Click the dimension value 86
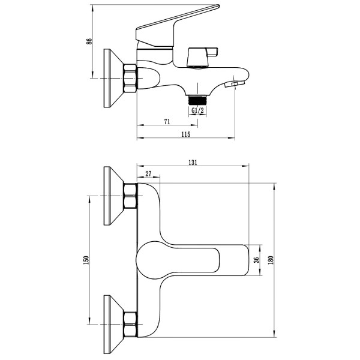click(89, 41)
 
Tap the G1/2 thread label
click(197, 110)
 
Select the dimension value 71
click(167, 121)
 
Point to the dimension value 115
click(186, 134)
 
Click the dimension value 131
click(193, 163)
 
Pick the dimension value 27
click(148, 173)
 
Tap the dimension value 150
click(86, 260)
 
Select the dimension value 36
click(257, 260)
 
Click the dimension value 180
click(271, 260)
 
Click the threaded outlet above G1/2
click(197, 100)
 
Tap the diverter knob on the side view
click(202, 57)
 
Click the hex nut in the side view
click(130, 79)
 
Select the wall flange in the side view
click(113, 78)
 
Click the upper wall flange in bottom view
click(113, 196)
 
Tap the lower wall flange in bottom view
click(113, 324)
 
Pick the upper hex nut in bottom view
click(130, 196)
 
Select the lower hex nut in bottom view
click(130, 325)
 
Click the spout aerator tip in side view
click(235, 84)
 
